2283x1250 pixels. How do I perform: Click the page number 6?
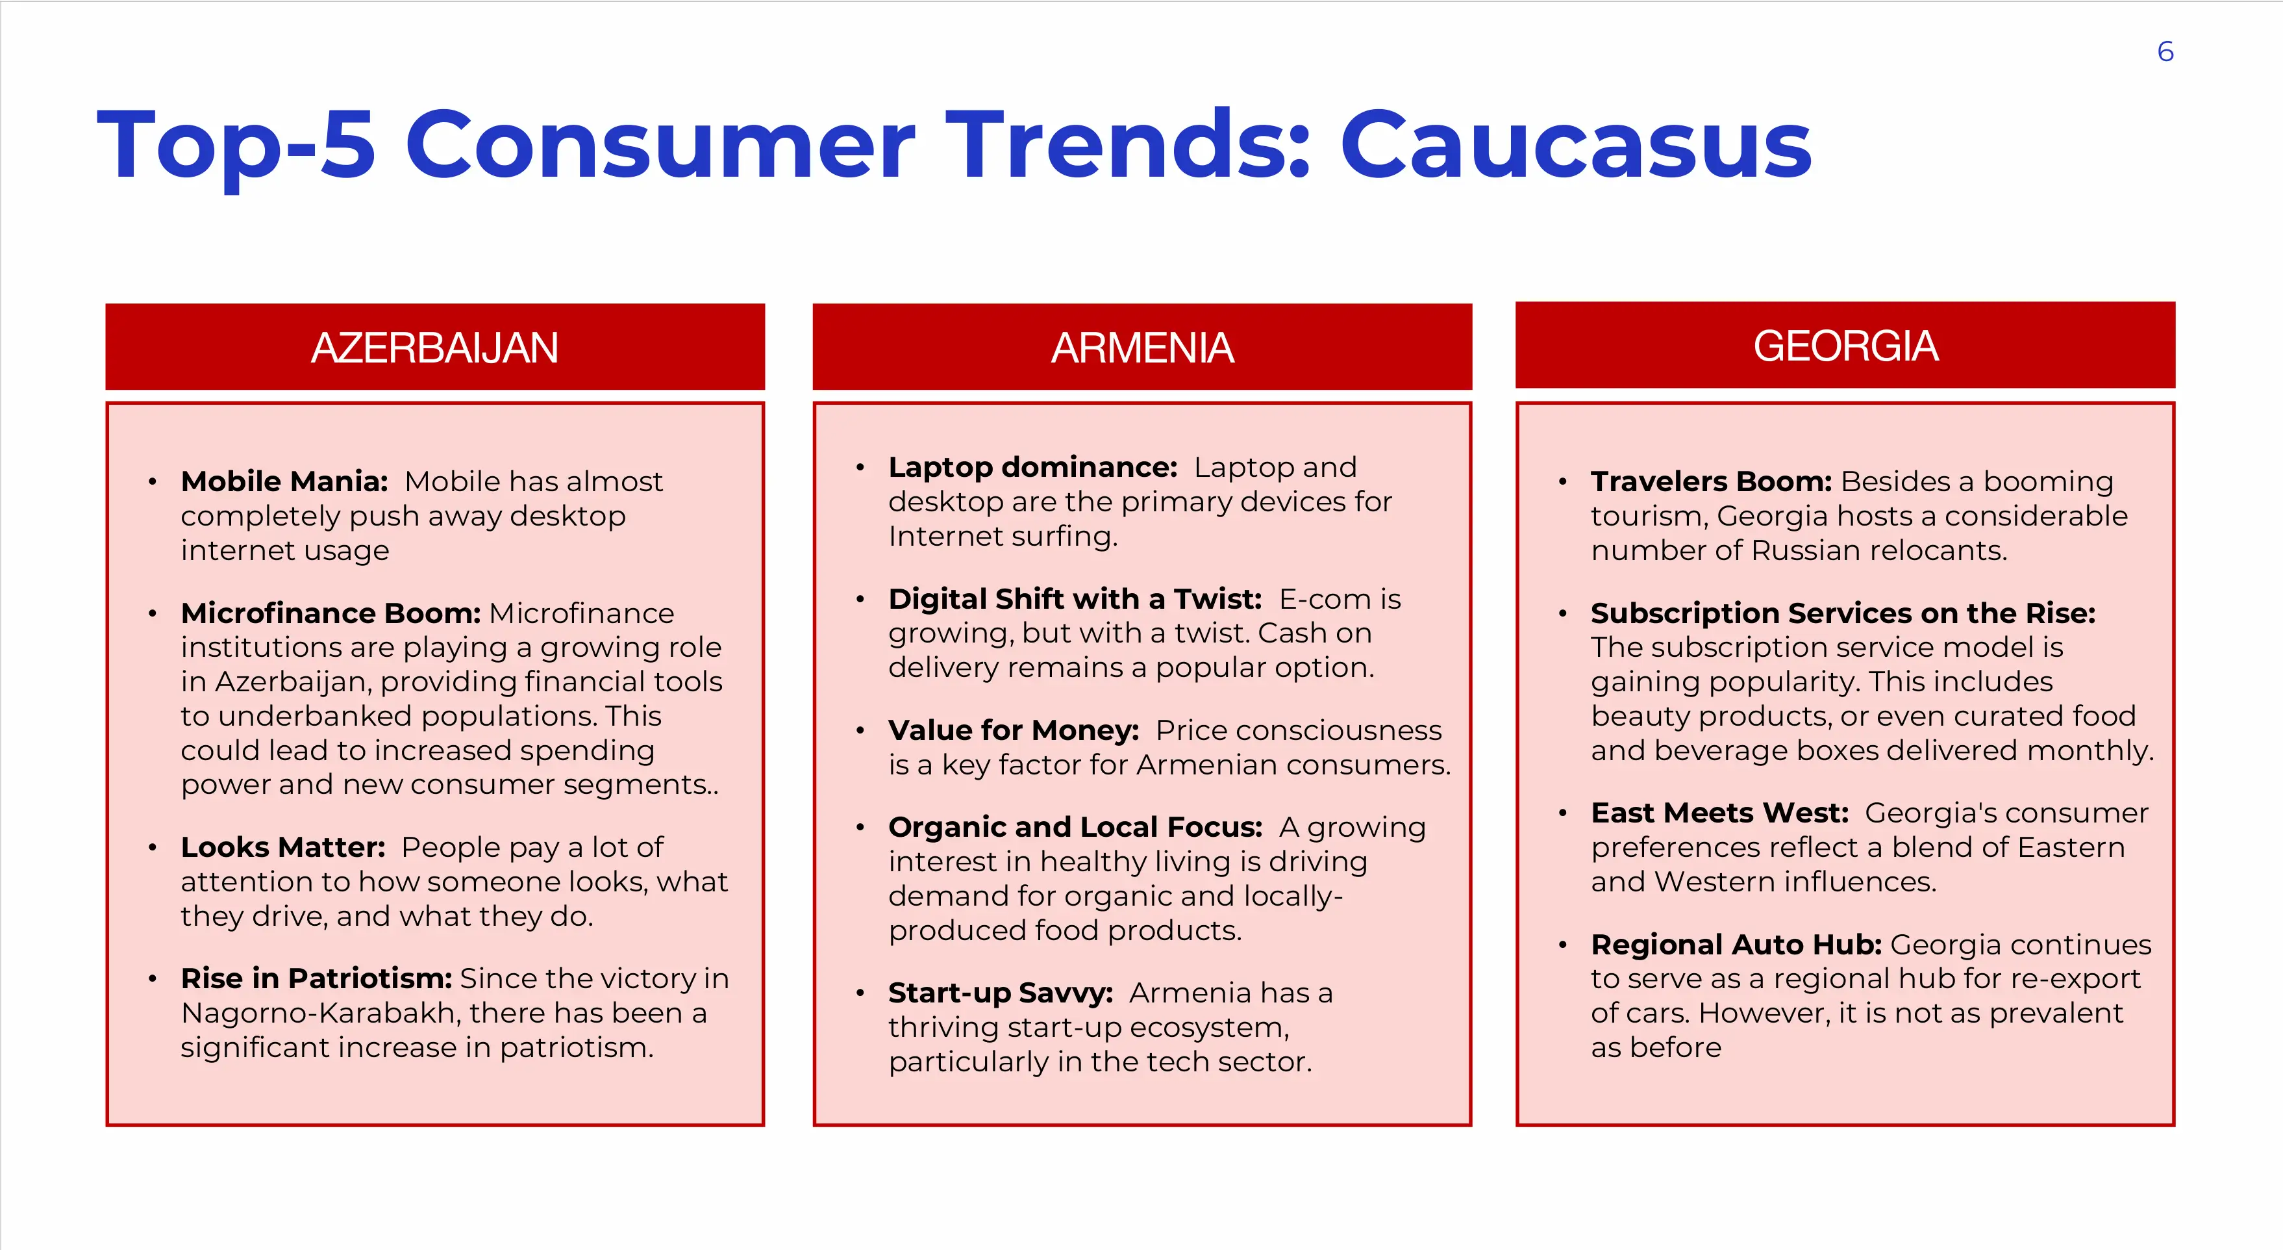[x=2165, y=51]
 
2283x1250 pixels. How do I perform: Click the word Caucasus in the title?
[x=1576, y=144]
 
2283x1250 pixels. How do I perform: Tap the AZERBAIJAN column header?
[x=434, y=347]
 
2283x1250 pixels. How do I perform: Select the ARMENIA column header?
[x=1141, y=347]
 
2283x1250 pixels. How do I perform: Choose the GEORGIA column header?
[x=1845, y=345]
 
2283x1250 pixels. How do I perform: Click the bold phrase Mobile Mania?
[x=284, y=481]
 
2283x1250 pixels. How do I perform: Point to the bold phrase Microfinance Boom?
[x=331, y=613]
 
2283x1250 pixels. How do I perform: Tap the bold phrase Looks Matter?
[x=282, y=847]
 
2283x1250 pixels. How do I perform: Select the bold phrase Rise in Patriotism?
[x=316, y=978]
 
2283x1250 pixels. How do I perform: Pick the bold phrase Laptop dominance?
[x=1032, y=467]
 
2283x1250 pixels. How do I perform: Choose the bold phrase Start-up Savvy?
[x=1001, y=993]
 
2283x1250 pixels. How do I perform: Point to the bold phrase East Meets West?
[x=1719, y=812]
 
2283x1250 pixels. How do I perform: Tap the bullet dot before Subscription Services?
[x=1562, y=613]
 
